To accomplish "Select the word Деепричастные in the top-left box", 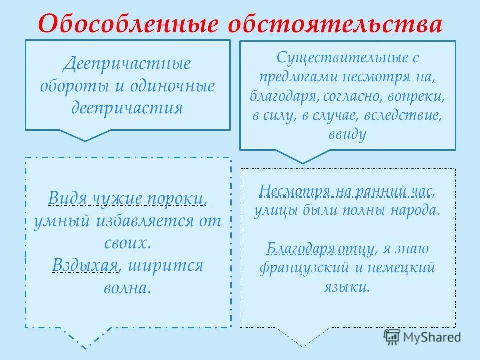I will (x=127, y=65).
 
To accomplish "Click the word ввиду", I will (x=348, y=134).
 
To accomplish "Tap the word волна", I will (x=127, y=288).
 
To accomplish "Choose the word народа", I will (x=416, y=210).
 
